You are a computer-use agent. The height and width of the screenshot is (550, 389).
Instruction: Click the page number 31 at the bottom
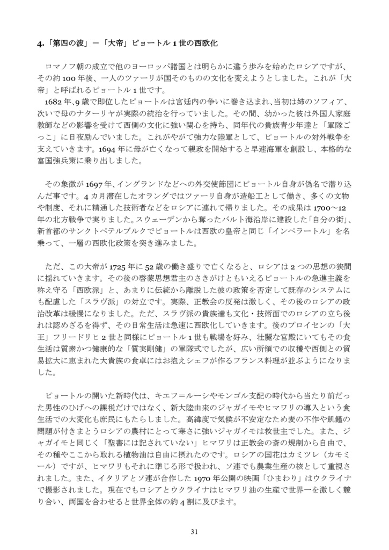(194, 532)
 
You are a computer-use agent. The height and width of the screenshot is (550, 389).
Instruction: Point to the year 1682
(56, 102)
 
